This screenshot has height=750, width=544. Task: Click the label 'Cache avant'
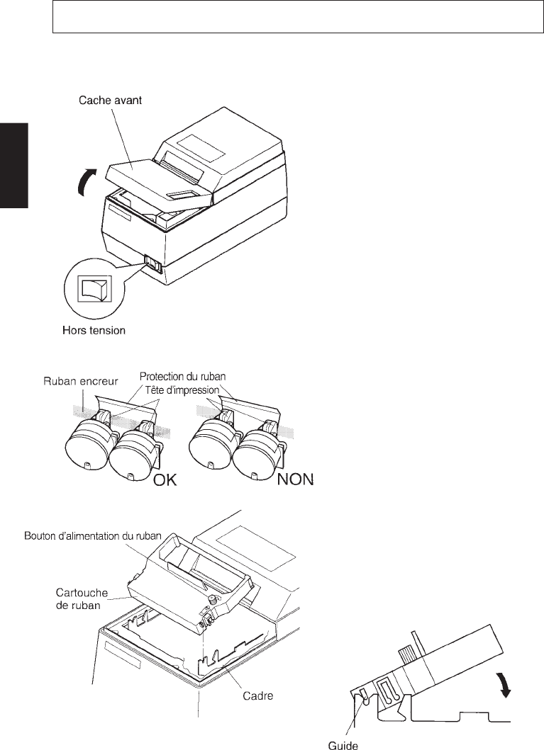(x=110, y=101)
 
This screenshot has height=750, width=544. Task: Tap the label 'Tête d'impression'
(x=184, y=390)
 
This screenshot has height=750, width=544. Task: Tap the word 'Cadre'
(x=257, y=696)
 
